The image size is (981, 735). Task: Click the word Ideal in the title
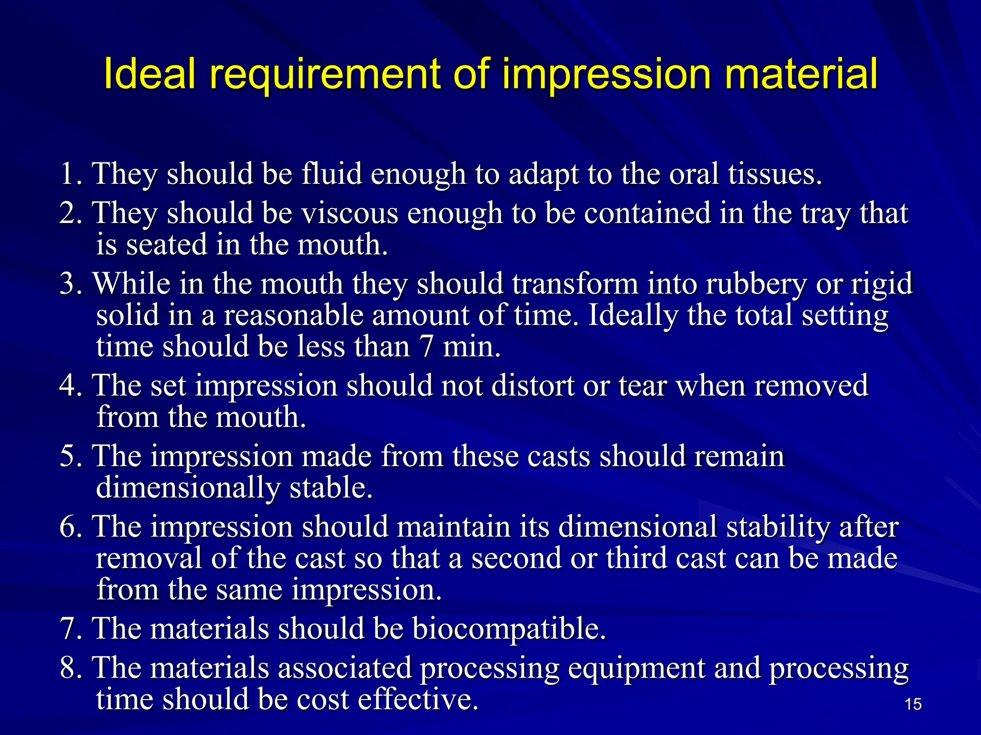pos(149,74)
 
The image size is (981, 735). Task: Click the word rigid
pos(881,284)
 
